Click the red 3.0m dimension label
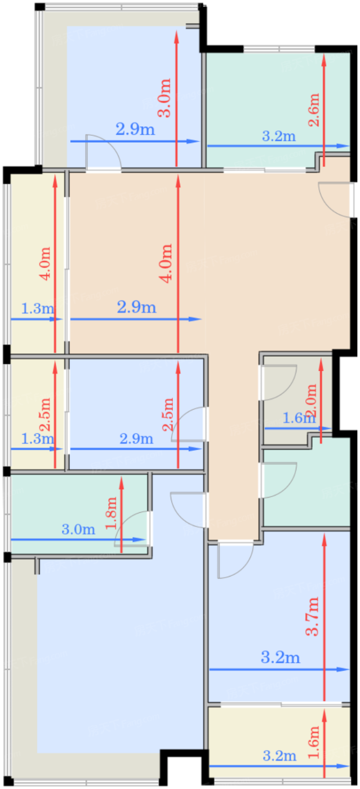click(165, 98)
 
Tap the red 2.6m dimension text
click(313, 110)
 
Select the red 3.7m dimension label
click(313, 616)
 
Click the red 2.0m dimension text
click(312, 401)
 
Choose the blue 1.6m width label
click(299, 418)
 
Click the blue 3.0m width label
click(78, 529)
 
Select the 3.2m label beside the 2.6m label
click(279, 136)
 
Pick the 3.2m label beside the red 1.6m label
click(279, 756)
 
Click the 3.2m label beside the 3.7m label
click(281, 658)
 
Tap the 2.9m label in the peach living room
click(137, 307)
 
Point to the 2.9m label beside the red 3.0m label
click(135, 129)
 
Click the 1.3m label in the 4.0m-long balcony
click(38, 309)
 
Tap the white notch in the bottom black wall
click(182, 773)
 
